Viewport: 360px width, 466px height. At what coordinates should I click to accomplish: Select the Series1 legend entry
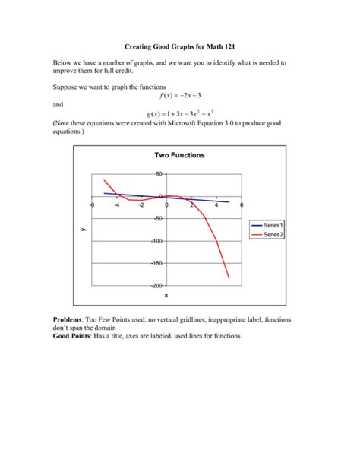(x=273, y=226)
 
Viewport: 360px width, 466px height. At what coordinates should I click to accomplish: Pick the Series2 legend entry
(x=273, y=235)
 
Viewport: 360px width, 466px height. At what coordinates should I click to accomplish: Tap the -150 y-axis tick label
(x=157, y=263)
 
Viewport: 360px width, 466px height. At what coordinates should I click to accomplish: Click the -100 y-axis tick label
(x=157, y=241)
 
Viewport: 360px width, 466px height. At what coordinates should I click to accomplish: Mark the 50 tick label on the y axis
(x=159, y=174)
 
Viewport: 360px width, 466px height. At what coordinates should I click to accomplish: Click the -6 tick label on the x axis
(x=91, y=205)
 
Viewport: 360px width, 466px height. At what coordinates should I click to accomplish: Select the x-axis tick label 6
(x=242, y=205)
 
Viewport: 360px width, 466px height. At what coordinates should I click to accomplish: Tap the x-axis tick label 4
(x=216, y=205)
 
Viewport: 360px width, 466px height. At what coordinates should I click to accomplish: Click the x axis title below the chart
(x=166, y=295)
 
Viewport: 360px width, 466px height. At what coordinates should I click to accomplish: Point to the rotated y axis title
(x=81, y=230)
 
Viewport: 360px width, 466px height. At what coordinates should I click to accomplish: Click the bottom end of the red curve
(x=229, y=278)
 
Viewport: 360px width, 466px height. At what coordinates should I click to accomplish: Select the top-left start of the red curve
(x=105, y=180)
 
